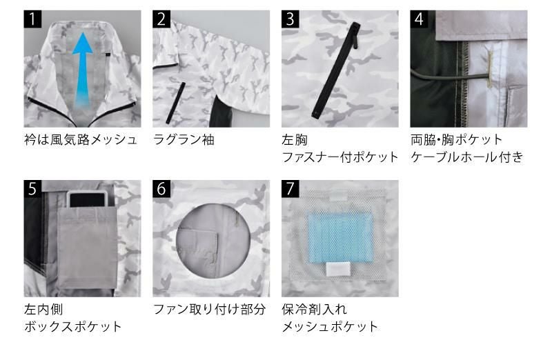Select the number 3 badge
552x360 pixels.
point(290,19)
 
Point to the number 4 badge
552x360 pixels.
point(419,19)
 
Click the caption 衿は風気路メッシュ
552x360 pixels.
point(81,140)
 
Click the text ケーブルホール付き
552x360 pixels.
point(466,157)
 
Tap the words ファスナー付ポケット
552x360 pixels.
point(340,157)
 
